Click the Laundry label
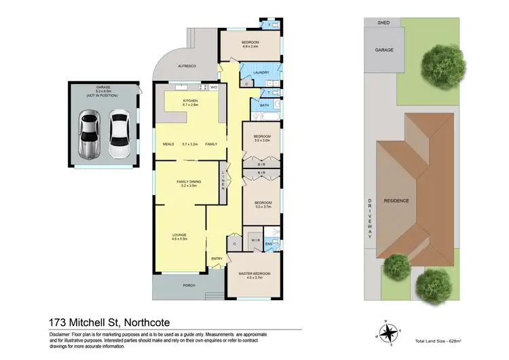click(261, 73)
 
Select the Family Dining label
click(188, 182)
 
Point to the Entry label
click(216, 258)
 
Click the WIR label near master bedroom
click(254, 240)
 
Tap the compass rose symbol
click(389, 332)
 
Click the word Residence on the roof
click(396, 201)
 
